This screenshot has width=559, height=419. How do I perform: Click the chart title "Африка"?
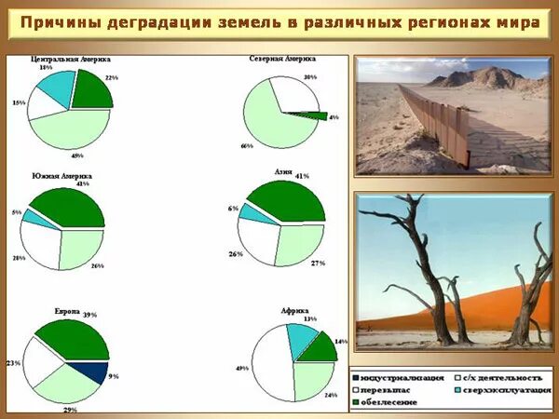pos(294,309)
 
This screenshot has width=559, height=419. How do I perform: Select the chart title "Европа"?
pos(66,312)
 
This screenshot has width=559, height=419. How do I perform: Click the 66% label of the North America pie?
pos(247,146)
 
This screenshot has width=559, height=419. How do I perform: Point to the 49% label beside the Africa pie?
pos(240,369)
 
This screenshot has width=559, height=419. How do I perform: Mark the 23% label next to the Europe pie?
pos(13,361)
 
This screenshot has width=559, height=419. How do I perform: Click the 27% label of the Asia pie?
pos(317,264)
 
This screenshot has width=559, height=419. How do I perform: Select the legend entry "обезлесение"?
pos(391,401)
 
